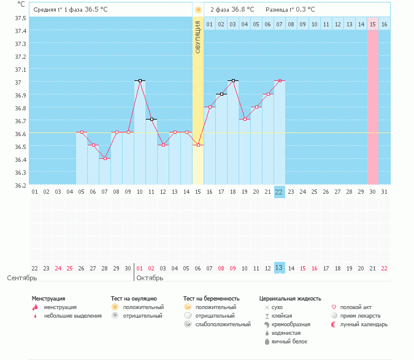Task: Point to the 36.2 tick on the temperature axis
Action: point(20,185)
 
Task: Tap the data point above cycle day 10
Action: point(140,81)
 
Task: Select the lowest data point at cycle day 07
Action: point(105,158)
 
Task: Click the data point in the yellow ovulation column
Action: point(198,145)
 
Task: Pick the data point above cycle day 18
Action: point(233,81)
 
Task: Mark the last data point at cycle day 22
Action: point(280,81)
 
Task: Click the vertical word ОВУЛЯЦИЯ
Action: point(198,37)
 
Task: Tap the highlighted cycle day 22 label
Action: point(280,192)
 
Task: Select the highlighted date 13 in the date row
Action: point(280,268)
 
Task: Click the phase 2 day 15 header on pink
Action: point(372,24)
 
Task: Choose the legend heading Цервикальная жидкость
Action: point(290,299)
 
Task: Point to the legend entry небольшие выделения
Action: point(72,316)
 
